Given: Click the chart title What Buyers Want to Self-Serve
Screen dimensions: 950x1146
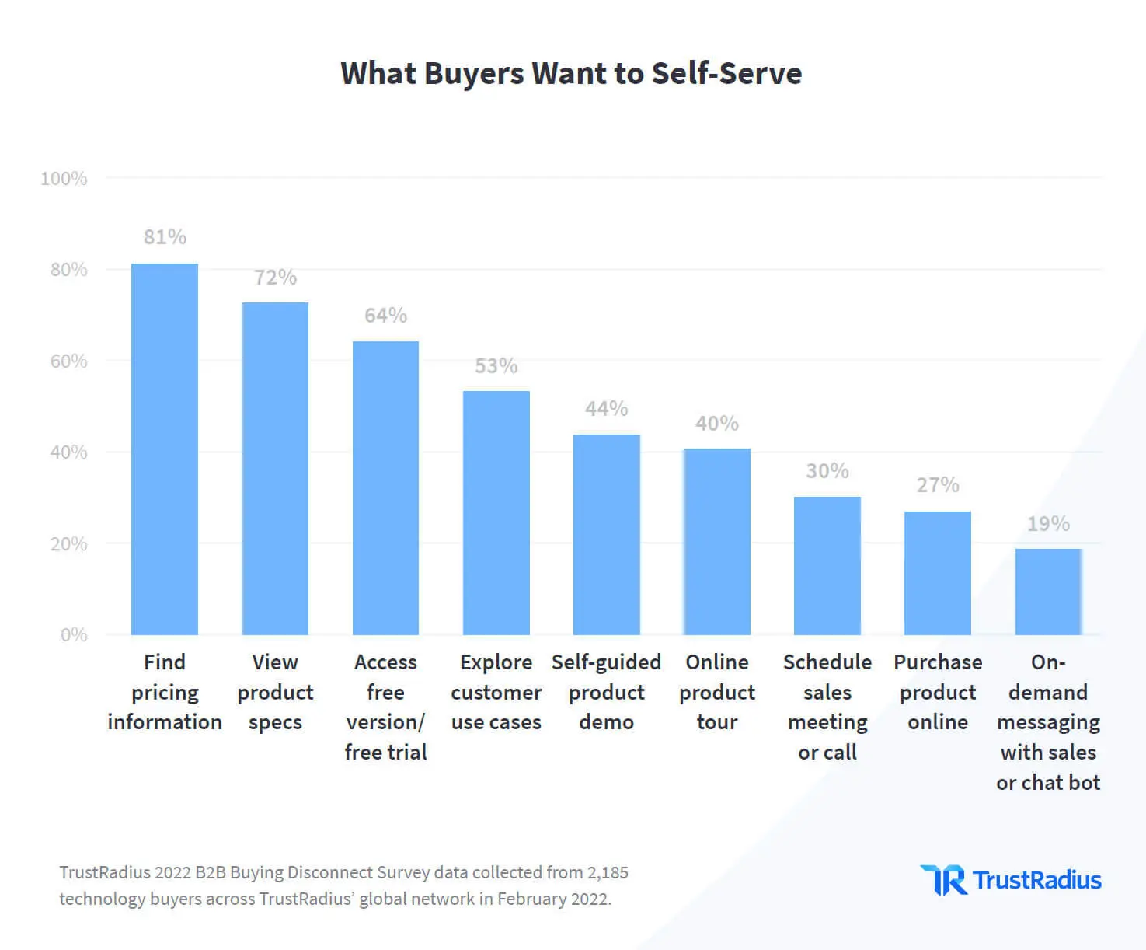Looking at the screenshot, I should [571, 73].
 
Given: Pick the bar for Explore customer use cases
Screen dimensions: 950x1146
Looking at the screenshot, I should [496, 513].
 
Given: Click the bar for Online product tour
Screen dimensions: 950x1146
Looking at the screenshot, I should [716, 542].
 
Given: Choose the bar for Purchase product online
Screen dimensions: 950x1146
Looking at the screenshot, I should [937, 573].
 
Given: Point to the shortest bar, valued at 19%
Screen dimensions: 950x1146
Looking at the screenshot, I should [1047, 592].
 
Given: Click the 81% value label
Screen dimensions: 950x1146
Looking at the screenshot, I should [165, 237].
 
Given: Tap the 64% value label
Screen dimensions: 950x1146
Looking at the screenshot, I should [385, 316].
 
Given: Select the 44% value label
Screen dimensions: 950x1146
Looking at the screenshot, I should [606, 409].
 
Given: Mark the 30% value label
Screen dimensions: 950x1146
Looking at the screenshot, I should [827, 471].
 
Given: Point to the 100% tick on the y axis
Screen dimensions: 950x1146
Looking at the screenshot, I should [64, 179].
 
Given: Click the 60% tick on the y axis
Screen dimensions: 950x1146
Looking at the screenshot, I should [68, 361].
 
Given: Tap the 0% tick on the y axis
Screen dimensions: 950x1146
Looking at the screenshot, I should [74, 635].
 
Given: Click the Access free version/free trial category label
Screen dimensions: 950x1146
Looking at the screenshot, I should [385, 707].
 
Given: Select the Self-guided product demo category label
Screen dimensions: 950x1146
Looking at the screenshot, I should [606, 692].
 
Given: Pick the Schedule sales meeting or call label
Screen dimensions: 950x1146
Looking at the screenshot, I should [827, 707].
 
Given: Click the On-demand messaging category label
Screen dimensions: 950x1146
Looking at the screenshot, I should [1047, 721].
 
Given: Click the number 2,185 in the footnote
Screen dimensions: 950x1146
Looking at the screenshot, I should [608, 873].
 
